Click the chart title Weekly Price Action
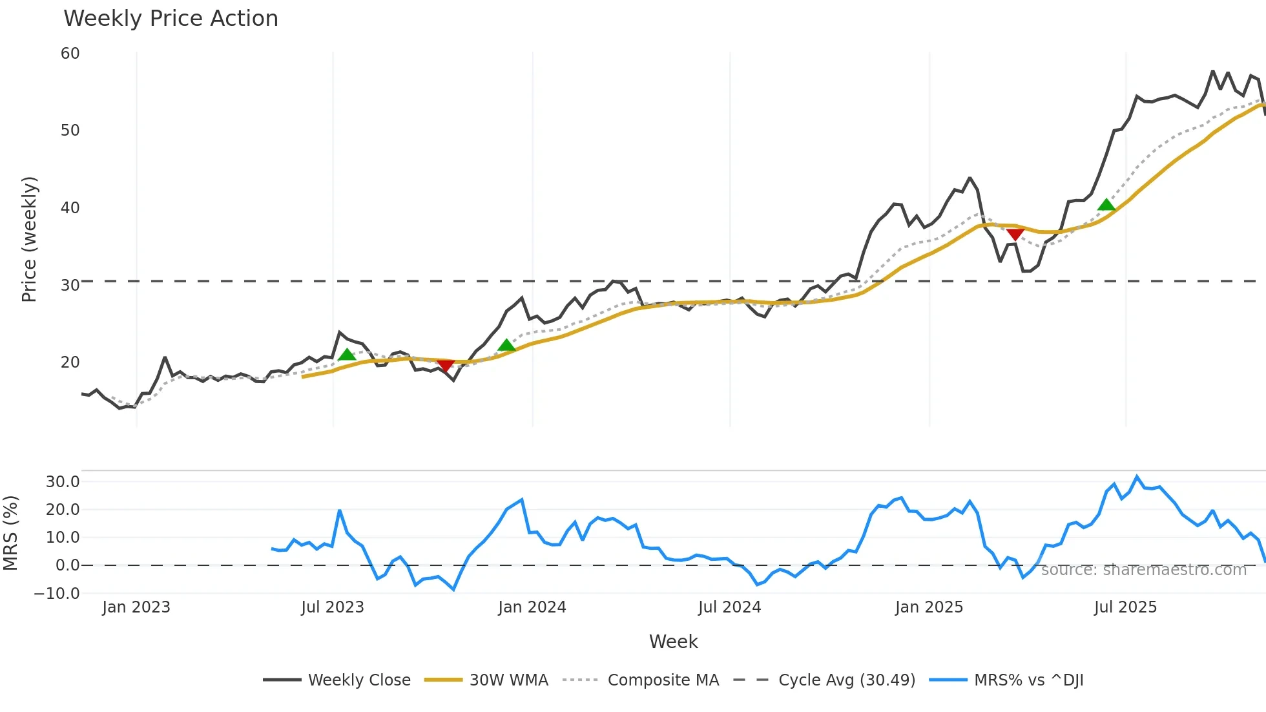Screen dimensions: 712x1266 (171, 19)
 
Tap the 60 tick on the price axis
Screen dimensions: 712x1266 (70, 54)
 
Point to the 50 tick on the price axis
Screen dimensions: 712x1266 (70, 131)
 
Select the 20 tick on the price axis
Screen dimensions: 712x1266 (70, 362)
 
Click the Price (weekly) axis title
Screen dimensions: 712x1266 (30, 239)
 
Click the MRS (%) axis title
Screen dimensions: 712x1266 (11, 533)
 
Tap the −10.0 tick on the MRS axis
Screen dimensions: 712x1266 (57, 593)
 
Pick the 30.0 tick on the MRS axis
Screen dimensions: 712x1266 (63, 481)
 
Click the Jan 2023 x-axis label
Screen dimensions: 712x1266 (136, 607)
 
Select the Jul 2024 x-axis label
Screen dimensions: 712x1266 (729, 607)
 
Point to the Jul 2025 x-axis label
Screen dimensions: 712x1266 (1125, 607)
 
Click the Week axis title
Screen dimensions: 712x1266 (673, 642)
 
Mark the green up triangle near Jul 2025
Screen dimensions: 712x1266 (1106, 205)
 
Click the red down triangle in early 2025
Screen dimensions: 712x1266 (1015, 234)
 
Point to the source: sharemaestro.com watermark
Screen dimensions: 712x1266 (1143, 570)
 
